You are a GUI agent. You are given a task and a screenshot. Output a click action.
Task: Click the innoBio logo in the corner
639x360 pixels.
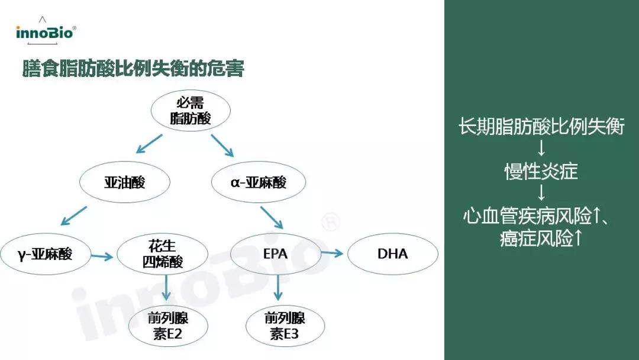tap(46, 31)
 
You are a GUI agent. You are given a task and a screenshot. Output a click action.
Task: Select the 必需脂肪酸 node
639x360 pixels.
tap(190, 110)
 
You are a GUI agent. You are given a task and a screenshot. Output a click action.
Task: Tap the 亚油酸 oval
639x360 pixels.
tap(124, 182)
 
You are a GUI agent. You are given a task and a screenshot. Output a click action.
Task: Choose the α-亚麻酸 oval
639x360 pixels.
tap(259, 182)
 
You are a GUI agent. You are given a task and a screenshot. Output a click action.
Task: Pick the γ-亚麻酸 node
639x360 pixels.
tap(45, 255)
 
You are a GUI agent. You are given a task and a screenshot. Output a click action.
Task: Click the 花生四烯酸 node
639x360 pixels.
tap(162, 255)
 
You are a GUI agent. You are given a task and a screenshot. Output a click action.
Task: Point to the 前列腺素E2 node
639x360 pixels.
tap(168, 326)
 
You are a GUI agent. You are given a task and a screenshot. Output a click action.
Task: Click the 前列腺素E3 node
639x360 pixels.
tap(285, 326)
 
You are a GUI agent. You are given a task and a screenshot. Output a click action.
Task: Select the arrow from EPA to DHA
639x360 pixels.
tap(333, 253)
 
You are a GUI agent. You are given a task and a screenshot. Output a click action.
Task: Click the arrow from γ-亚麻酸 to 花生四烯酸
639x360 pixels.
tap(102, 256)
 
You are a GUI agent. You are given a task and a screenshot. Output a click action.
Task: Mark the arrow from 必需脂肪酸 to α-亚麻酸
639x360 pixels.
tap(223, 146)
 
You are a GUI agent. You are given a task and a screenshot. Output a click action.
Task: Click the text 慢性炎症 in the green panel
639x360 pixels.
tap(541, 172)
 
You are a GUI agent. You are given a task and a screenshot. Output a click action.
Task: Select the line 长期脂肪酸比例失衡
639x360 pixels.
tap(541, 127)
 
